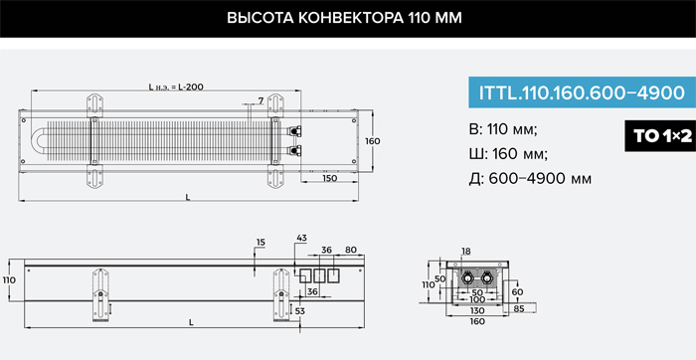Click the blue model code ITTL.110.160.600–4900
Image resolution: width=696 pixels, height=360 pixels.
[582, 92]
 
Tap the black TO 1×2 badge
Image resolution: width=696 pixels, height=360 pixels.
[660, 136]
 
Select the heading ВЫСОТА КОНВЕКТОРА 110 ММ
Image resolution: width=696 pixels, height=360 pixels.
[344, 18]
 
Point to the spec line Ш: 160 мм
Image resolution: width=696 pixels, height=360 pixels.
[508, 154]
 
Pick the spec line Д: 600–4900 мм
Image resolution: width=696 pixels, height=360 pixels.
[530, 179]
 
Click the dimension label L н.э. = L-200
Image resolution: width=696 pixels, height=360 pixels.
[176, 87]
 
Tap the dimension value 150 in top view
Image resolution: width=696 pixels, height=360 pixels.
[329, 178]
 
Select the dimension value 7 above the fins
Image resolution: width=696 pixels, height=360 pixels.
[261, 100]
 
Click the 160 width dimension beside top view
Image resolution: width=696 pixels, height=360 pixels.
[372, 141]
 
